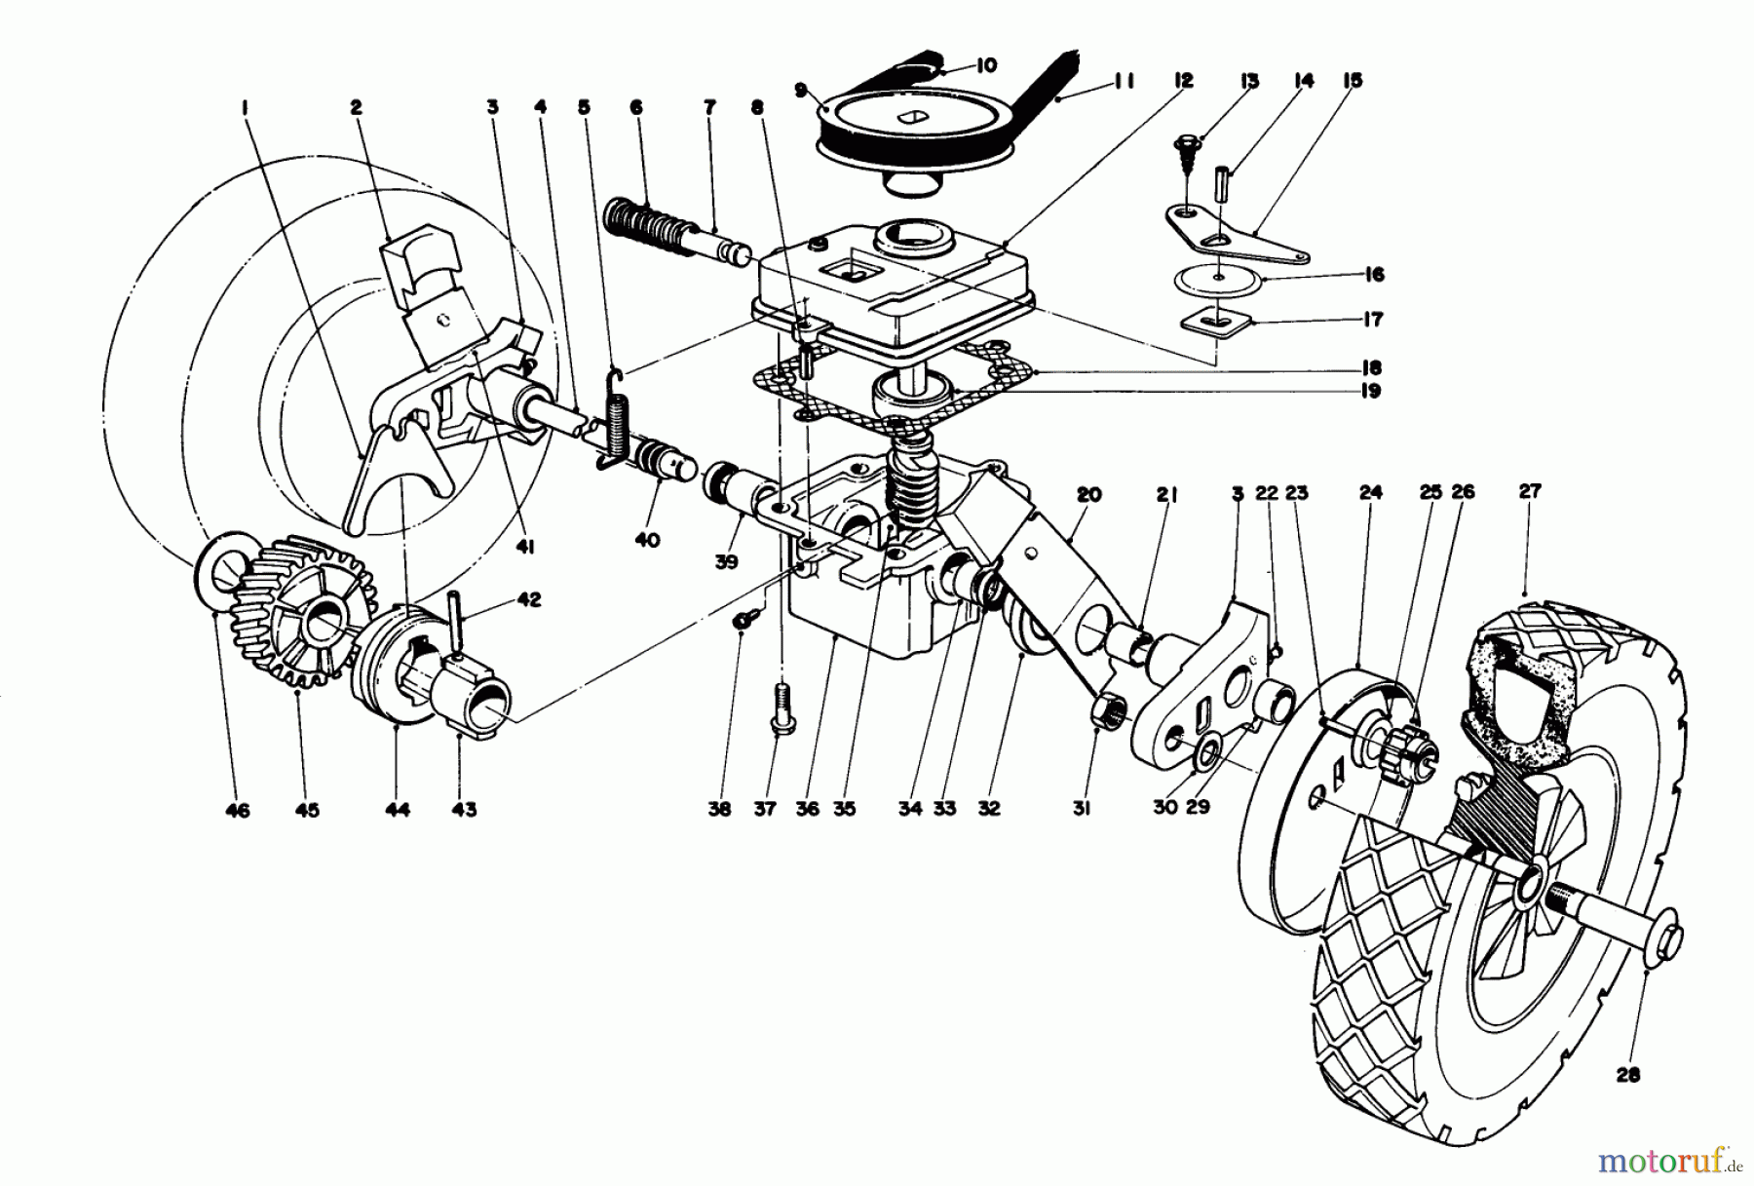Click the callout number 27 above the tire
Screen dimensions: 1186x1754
coord(1530,492)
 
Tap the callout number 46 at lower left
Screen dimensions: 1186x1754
coord(237,810)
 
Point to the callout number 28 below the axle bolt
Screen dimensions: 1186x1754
coord(1627,1075)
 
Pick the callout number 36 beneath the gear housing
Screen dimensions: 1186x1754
coord(807,809)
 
